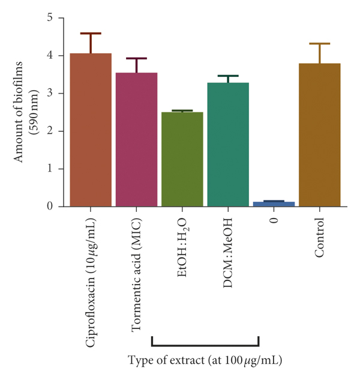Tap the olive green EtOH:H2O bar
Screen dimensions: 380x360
point(182,159)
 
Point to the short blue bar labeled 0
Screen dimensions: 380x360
point(274,204)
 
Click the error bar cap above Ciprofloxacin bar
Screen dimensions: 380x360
point(91,34)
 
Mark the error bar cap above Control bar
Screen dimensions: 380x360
point(320,44)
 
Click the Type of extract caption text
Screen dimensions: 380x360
point(205,361)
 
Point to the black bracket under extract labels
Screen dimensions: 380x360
point(205,345)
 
